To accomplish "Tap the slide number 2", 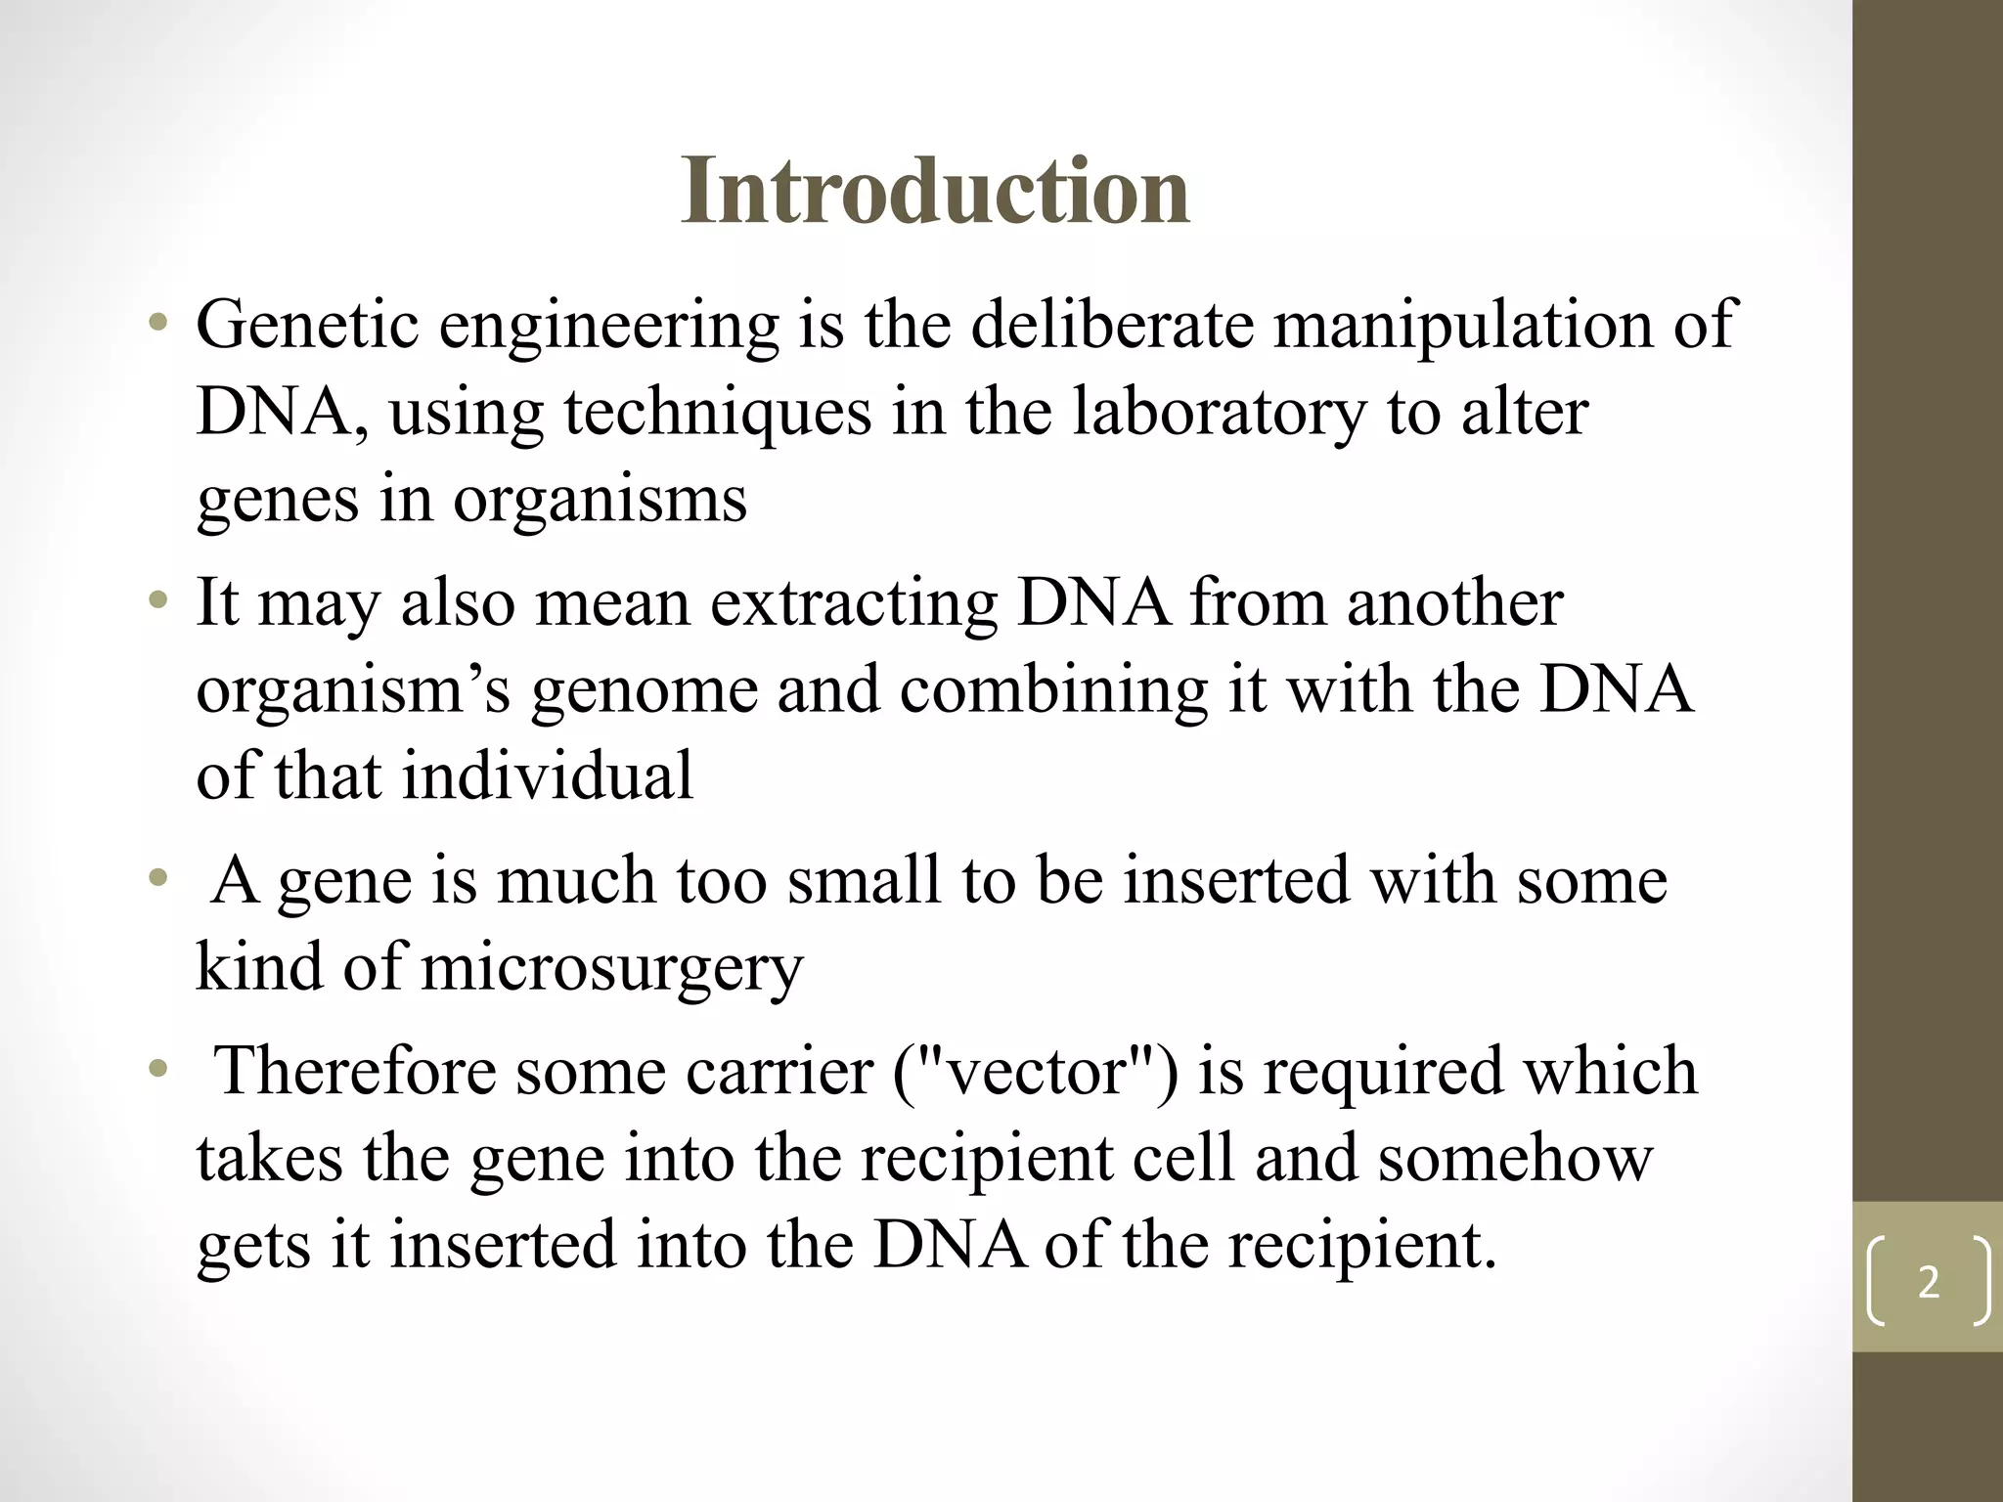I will tap(1928, 1282).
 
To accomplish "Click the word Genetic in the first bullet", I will tap(307, 325).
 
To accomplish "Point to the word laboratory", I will tap(1218, 413).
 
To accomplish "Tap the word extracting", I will tap(852, 602).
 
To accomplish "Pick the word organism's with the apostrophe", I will tap(353, 690).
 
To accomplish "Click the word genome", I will tap(644, 690).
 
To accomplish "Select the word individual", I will tap(547, 776).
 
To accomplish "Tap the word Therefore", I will tap(353, 1071).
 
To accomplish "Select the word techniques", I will tap(717, 413).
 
